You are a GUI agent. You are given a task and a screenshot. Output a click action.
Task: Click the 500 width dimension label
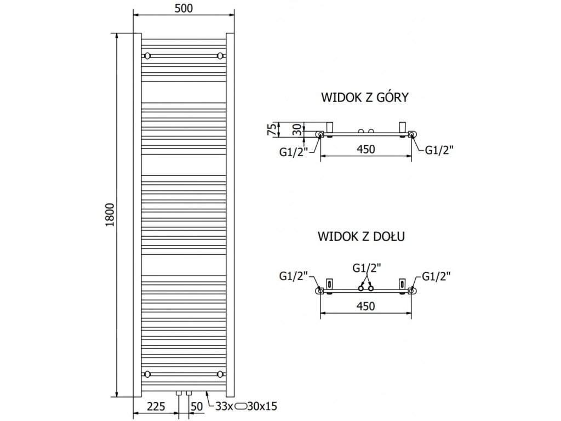coord(184,8)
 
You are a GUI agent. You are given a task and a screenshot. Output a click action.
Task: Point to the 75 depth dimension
coord(270,130)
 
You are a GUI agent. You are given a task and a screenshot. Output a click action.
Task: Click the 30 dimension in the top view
coord(295,130)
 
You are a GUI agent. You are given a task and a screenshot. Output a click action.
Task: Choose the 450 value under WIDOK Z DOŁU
coord(365,306)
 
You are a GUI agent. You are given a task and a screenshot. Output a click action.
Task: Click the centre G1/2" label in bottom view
coord(367,268)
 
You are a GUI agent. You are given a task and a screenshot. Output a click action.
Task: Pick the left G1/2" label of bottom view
coord(294,276)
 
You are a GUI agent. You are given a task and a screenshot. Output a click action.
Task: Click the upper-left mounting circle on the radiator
coord(147,56)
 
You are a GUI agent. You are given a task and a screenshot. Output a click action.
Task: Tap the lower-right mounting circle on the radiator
coord(220,374)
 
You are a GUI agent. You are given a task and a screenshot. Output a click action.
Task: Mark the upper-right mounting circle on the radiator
coord(220,56)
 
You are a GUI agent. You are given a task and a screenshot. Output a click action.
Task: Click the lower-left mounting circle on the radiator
coord(147,374)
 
